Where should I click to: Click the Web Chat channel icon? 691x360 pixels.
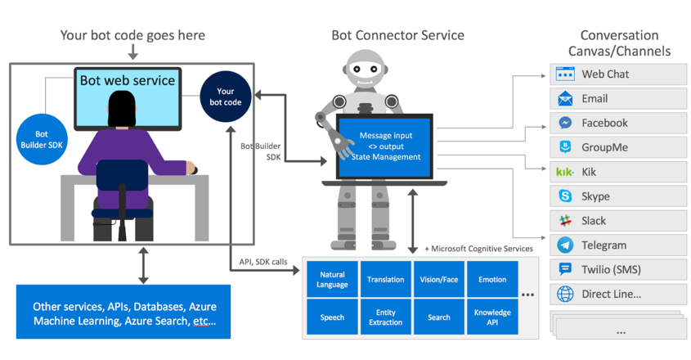[x=565, y=74]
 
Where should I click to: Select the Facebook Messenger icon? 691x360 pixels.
[x=565, y=124]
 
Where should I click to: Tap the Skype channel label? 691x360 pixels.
[x=595, y=196]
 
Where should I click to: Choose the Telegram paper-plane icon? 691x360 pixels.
[x=565, y=245]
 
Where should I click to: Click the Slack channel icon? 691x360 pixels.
[x=565, y=221]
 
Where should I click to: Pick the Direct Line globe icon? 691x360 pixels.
[x=565, y=295]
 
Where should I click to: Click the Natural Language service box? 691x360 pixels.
[x=332, y=280]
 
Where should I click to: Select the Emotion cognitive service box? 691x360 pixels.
[x=492, y=280]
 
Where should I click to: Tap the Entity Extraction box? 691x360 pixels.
[x=385, y=317]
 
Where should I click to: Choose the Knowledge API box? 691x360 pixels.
[x=492, y=317]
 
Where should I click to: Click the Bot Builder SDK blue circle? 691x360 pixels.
[x=41, y=139]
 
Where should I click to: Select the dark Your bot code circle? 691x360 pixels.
[x=226, y=97]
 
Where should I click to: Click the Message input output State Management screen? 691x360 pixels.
[x=384, y=146]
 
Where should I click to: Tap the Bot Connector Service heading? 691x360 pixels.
[x=397, y=35]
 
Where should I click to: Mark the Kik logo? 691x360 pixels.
[x=565, y=172]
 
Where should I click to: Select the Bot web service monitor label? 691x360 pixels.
[x=127, y=80]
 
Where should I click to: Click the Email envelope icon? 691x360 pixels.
[x=565, y=99]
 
